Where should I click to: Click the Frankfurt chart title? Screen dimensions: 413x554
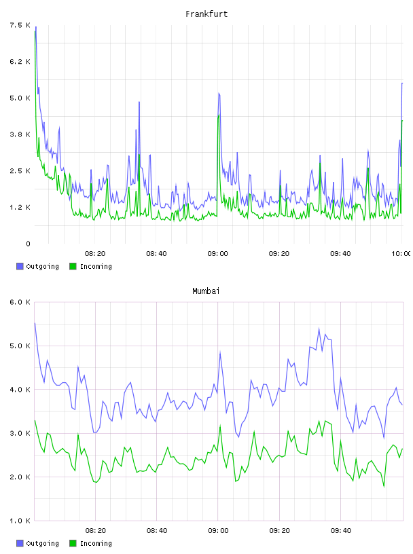click(206, 14)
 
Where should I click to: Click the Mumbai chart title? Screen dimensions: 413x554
click(206, 291)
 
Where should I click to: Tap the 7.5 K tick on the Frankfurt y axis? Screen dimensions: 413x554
click(20, 25)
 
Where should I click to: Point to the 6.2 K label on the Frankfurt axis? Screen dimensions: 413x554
click(20, 62)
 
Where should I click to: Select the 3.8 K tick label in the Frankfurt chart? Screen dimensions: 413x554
click(20, 134)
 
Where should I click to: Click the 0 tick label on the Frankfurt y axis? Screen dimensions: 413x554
click(29, 244)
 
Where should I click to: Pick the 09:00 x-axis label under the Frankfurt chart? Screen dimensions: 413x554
click(218, 254)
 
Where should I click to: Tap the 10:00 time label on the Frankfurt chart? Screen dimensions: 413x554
click(401, 254)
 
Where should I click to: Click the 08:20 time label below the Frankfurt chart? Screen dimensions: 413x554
click(95, 254)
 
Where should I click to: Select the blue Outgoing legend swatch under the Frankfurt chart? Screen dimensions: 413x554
click(20, 266)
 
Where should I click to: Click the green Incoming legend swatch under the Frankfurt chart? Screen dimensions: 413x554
click(73, 266)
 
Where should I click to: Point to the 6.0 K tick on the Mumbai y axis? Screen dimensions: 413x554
click(20, 302)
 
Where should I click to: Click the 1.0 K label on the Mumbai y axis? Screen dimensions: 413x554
click(20, 521)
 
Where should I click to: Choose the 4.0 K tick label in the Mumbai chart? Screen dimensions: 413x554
click(20, 389)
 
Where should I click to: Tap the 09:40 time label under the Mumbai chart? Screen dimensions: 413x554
click(341, 531)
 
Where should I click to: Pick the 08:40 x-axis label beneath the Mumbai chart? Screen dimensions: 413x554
click(157, 531)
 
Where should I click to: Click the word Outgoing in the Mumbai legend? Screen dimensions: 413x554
click(42, 543)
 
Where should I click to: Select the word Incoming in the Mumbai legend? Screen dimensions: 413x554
click(96, 543)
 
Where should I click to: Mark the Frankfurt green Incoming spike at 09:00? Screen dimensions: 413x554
click(219, 115)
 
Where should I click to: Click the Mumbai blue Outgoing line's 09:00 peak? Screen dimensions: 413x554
click(220, 352)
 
